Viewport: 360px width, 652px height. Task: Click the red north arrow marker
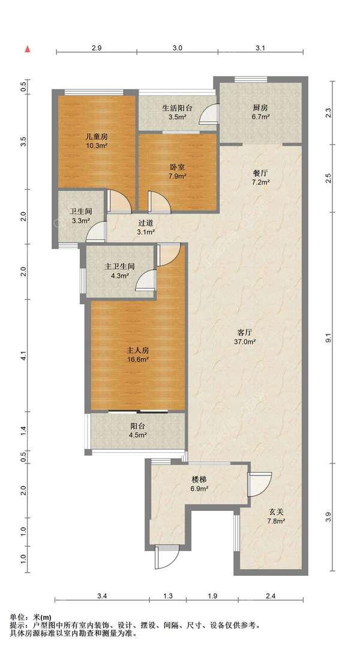(x=28, y=49)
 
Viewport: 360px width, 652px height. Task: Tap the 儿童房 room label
(x=97, y=136)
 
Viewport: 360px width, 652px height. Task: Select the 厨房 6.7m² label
(x=261, y=112)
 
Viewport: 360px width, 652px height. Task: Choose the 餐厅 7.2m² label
(x=261, y=177)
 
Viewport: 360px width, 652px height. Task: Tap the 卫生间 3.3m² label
(x=81, y=216)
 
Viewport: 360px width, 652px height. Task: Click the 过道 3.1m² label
(x=146, y=227)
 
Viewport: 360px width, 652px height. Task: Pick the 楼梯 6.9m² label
(x=199, y=485)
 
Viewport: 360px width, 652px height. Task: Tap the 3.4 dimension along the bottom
(x=102, y=596)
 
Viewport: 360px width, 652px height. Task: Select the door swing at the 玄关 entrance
(x=259, y=484)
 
